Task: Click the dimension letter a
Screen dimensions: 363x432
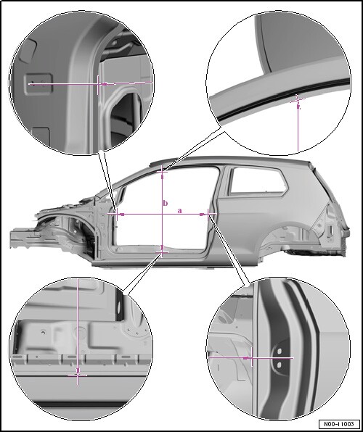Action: [x=180, y=211]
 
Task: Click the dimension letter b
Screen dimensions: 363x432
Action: [x=166, y=204]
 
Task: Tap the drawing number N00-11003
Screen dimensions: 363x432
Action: [x=339, y=424]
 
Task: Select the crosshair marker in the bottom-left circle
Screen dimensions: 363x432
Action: [x=78, y=375]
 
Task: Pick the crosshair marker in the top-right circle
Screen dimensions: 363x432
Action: [x=298, y=99]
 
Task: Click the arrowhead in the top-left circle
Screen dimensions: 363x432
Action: [x=104, y=84]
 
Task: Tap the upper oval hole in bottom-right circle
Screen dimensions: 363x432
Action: [x=279, y=351]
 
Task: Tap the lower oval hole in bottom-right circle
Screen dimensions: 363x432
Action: [x=279, y=365]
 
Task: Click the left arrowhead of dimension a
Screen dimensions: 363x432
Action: [x=121, y=214]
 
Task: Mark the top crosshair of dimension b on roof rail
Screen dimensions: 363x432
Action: [x=162, y=172]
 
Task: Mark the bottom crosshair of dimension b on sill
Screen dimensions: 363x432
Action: [x=162, y=252]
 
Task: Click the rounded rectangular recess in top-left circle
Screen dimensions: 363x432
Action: [x=38, y=84]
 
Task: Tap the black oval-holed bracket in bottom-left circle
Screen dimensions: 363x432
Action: [x=120, y=305]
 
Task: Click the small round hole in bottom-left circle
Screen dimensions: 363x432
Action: [x=43, y=333]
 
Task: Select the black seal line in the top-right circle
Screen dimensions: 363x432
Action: [x=282, y=96]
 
